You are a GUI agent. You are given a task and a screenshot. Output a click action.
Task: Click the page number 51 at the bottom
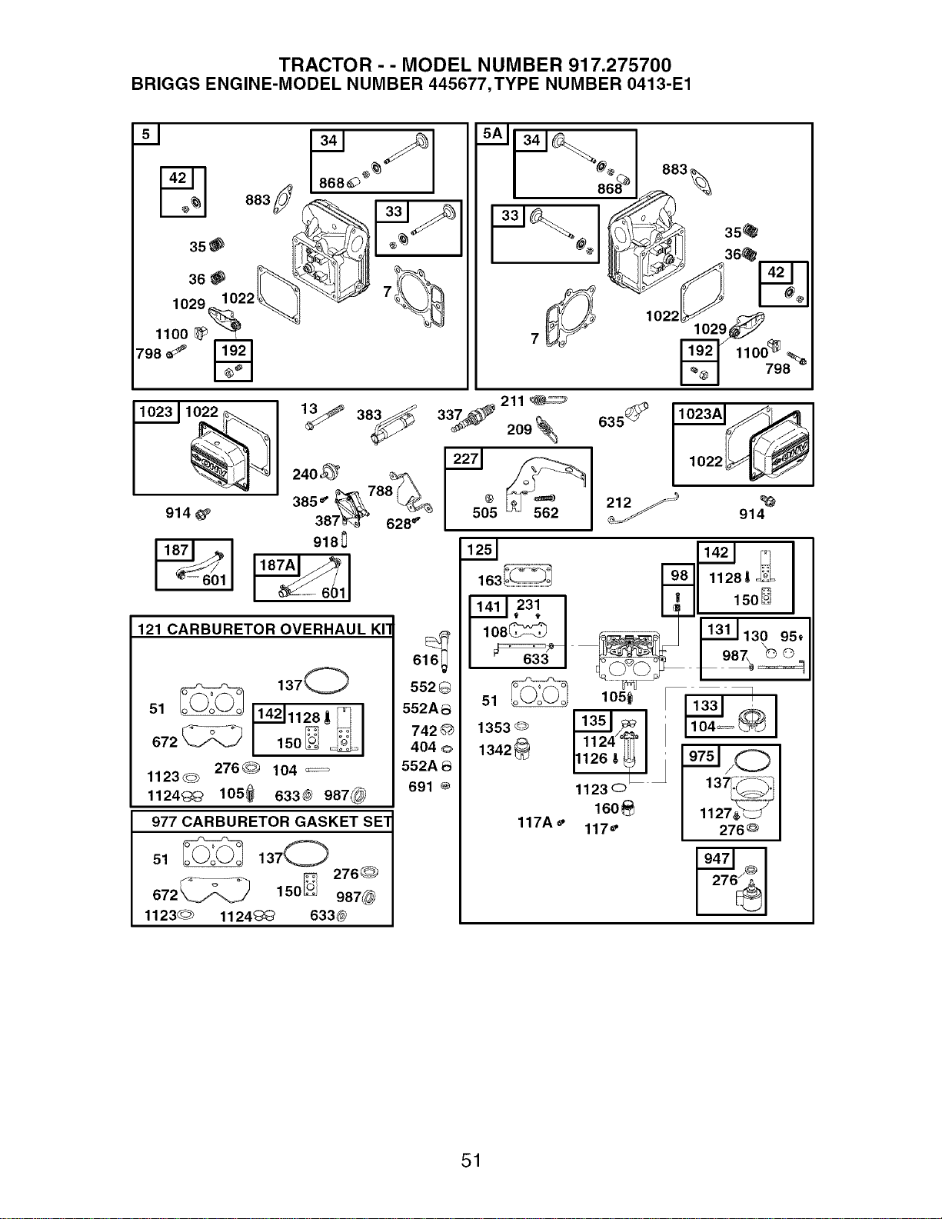[x=471, y=1160]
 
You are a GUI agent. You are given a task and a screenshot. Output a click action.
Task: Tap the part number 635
[x=611, y=422]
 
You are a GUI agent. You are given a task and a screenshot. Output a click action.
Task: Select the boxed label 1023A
[x=699, y=414]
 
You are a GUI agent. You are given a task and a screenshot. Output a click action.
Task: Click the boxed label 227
[x=464, y=459]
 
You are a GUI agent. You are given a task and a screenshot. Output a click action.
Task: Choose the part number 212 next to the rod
[x=618, y=503]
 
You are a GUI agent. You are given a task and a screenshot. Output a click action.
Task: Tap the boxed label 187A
[x=277, y=565]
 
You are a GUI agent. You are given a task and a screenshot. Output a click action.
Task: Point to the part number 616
[x=425, y=660]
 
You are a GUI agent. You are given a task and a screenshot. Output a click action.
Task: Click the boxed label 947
[x=716, y=858]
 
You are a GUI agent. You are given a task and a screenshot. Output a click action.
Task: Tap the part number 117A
[x=534, y=822]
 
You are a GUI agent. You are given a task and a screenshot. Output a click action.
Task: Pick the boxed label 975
[x=701, y=756]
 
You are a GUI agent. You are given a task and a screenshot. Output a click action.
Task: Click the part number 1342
[x=494, y=750]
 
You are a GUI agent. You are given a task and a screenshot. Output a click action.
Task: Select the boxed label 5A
[x=492, y=134]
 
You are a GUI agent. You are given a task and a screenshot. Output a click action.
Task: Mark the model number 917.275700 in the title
[x=620, y=65]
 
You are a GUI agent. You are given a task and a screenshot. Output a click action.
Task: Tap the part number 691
[x=421, y=787]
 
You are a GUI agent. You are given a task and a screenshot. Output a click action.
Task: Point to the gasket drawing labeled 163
[x=528, y=575]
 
